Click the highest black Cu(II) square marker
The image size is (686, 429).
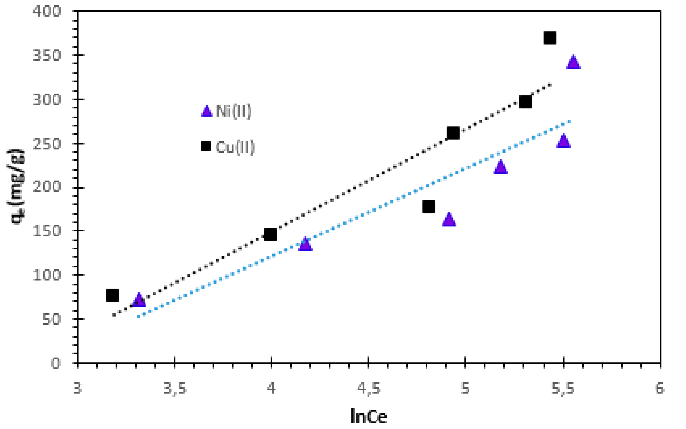coord(550,38)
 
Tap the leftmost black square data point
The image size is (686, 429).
coord(112,295)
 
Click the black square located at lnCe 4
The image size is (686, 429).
coord(271,235)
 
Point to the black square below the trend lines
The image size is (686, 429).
coord(429,207)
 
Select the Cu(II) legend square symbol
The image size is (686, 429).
coord(206,146)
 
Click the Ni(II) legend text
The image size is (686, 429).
coord(233,111)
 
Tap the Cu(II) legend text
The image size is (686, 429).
coord(235,147)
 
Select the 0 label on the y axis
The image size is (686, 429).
coord(56,363)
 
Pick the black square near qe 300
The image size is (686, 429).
coord(525,102)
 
